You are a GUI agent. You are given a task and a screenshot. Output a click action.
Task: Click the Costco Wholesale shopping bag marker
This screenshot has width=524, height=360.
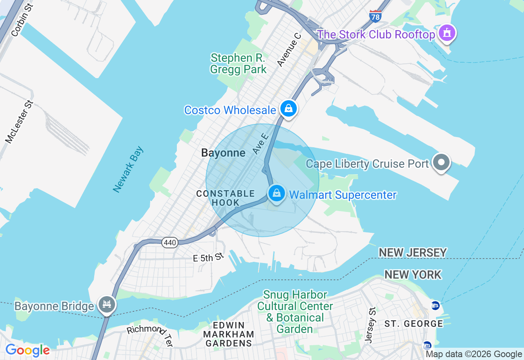(x=289, y=108)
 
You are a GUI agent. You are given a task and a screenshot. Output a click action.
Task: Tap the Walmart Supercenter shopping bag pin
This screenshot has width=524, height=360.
(x=277, y=193)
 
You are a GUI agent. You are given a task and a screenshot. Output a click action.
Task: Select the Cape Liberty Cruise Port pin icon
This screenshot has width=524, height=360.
(x=441, y=162)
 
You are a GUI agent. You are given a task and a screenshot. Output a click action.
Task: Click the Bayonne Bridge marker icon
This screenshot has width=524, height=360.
(x=107, y=304)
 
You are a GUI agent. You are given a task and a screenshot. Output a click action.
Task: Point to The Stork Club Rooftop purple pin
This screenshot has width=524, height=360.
(x=447, y=33)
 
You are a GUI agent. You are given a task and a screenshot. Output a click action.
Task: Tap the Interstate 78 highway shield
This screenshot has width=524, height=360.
(x=375, y=16)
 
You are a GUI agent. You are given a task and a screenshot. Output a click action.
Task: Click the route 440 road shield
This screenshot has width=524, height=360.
(x=169, y=243)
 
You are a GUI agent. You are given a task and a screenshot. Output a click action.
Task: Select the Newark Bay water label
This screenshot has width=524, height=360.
(x=129, y=169)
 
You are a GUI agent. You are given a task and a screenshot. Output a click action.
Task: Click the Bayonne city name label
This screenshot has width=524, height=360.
(x=223, y=153)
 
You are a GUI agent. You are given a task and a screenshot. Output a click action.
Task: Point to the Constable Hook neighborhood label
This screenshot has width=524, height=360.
(x=226, y=198)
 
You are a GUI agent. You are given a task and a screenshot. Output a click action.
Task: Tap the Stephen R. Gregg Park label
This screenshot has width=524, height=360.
(x=238, y=63)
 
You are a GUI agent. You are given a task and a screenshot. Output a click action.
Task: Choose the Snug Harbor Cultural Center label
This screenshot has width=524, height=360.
(x=295, y=312)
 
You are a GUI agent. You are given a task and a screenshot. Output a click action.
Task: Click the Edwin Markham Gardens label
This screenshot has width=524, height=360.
(x=228, y=334)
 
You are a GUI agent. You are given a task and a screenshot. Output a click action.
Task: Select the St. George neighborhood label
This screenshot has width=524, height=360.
(x=413, y=324)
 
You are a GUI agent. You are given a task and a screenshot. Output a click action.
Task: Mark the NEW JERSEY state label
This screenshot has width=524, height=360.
(x=412, y=252)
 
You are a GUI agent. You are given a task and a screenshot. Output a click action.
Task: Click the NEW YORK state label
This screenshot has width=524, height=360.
(x=413, y=274)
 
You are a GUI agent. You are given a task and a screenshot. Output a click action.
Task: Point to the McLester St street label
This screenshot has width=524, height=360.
(x=19, y=122)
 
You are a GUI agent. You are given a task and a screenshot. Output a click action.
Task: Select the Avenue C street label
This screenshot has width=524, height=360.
(x=289, y=49)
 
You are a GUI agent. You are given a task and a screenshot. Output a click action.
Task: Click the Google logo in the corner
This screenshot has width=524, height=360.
(x=27, y=350)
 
